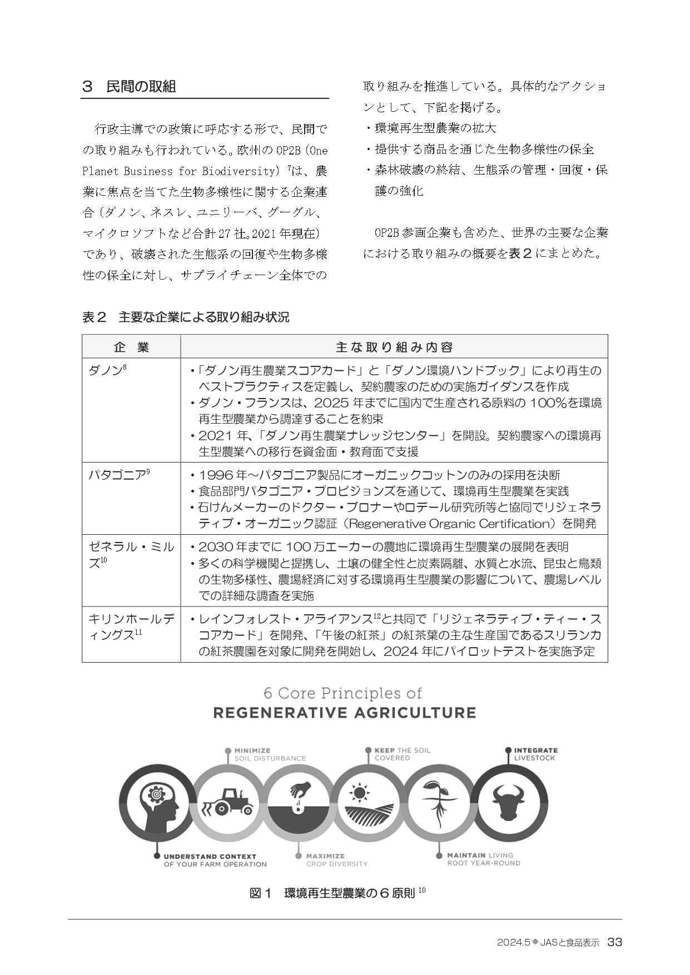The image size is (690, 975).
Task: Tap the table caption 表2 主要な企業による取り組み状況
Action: coord(186,317)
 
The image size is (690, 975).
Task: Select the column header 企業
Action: coord(131,347)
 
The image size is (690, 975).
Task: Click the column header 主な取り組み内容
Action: coord(394,347)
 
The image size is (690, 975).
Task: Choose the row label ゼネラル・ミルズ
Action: coord(131,554)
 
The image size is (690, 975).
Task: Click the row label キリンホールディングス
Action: coord(131,626)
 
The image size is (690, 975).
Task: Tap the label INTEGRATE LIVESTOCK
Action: coord(535,754)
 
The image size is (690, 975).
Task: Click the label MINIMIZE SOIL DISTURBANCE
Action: coord(270,754)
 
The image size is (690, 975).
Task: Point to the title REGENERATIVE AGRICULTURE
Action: coord(345,713)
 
